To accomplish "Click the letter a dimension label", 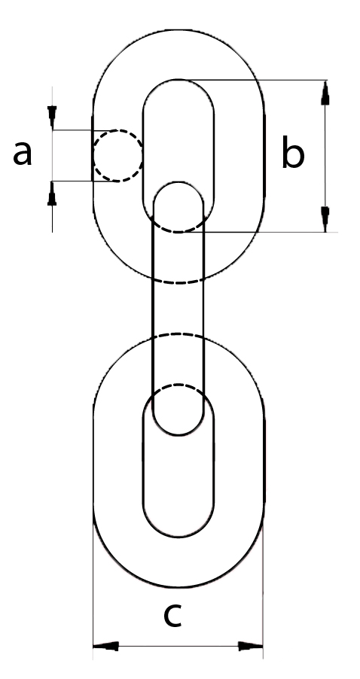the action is pyautogui.click(x=23, y=154).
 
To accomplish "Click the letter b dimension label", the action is pyautogui.click(x=293, y=151).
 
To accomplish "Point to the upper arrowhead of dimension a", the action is pyautogui.click(x=52, y=117).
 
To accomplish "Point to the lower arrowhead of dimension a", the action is pyautogui.click(x=52, y=193).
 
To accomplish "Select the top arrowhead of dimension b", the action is pyautogui.click(x=325, y=93).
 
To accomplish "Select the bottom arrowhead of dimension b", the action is pyautogui.click(x=325, y=220).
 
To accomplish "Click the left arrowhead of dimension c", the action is pyautogui.click(x=105, y=646).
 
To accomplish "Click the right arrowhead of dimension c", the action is pyautogui.click(x=250, y=646).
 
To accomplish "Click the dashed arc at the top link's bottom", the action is pyautogui.click(x=178, y=283).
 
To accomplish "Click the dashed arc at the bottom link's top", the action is pyautogui.click(x=178, y=334).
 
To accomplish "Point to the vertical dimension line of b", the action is pyautogui.click(x=325, y=157).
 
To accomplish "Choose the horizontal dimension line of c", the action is pyautogui.click(x=178, y=646).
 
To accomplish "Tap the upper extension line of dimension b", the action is pyautogui.click(x=253, y=80).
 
